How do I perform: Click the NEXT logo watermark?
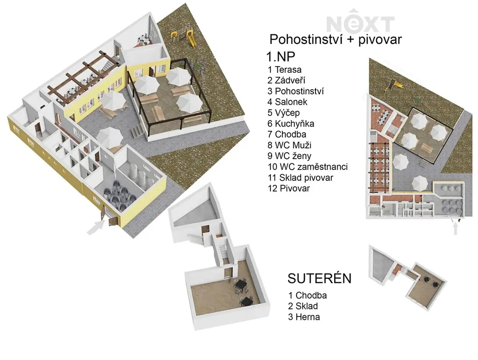tap(360, 21)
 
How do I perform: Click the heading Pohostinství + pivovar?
tap(336, 40)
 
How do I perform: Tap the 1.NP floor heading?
tap(281, 56)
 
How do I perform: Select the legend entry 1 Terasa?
tap(284, 70)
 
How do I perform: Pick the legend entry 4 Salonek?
tap(288, 102)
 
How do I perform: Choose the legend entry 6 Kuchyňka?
tap(291, 123)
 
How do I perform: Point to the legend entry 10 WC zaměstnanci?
tap(308, 167)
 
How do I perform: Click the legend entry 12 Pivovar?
tap(288, 188)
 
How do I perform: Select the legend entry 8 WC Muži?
tap(289, 145)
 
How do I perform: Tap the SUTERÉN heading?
tap(319, 278)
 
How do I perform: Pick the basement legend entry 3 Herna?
tap(304, 317)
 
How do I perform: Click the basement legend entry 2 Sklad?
tap(303, 306)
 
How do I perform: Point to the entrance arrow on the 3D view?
tap(95, 228)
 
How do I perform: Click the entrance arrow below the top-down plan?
tap(456, 228)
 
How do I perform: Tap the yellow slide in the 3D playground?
tap(191, 38)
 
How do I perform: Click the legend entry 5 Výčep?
tap(283, 113)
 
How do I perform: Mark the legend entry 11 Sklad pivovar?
tap(300, 177)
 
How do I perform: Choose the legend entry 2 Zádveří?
tap(286, 80)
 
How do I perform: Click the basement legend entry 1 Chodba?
tap(307, 296)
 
